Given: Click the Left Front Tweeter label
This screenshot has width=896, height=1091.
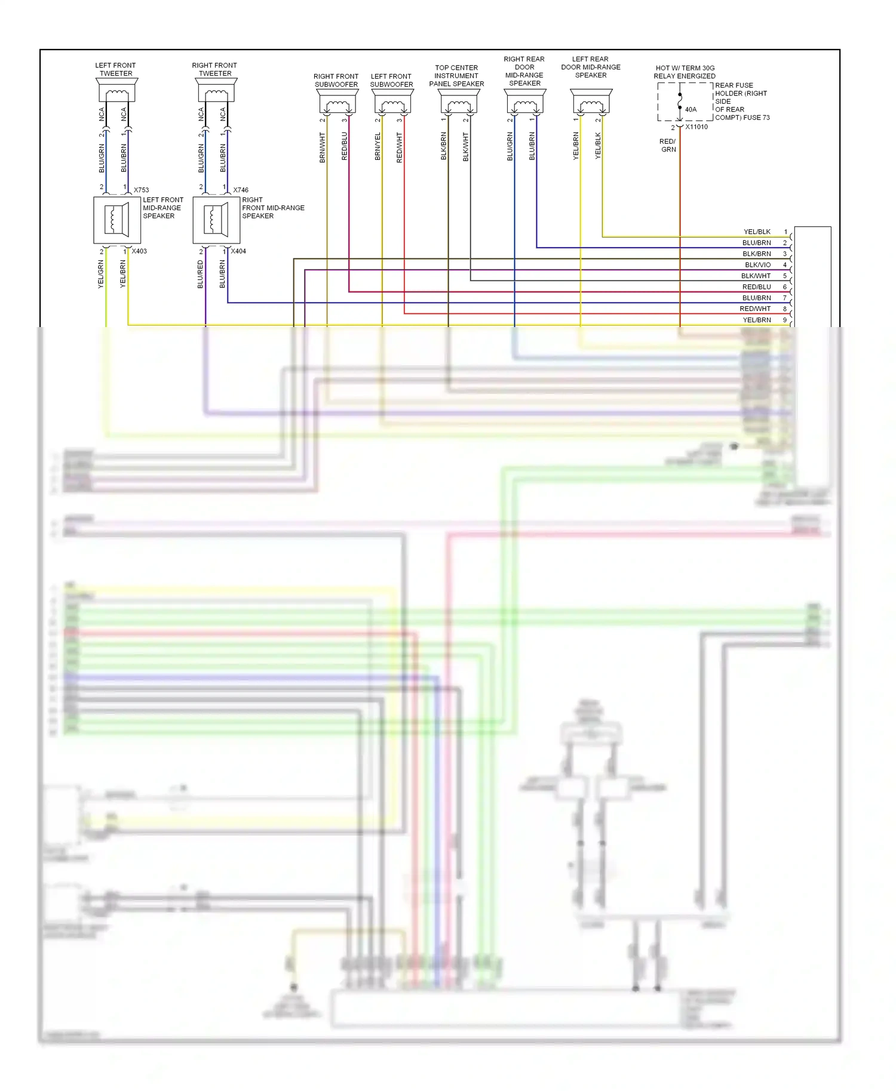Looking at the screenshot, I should [116, 69].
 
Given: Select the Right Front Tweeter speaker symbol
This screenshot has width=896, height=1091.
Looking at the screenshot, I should [216, 91].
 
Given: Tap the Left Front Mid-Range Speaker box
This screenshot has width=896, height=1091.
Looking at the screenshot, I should [117, 220].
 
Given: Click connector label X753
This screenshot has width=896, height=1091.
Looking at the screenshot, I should [141, 190].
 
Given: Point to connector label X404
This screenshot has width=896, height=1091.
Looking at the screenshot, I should [238, 251].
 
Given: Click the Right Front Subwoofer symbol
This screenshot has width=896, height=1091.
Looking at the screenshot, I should [337, 103].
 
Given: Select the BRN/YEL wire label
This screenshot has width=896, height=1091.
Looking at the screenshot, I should [378, 146].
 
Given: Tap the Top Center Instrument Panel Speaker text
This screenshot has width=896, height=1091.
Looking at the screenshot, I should [456, 76].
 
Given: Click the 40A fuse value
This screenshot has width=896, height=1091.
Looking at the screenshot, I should [691, 110].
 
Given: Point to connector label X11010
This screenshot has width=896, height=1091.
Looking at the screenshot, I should [696, 127].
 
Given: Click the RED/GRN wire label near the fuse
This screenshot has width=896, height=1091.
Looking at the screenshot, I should [668, 146].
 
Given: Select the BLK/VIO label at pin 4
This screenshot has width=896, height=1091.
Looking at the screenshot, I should [757, 265].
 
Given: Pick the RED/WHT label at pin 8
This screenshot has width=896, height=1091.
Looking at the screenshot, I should [755, 309].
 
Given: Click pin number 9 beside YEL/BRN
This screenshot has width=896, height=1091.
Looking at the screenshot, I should [785, 320].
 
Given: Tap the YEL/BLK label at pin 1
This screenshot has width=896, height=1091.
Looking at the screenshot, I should [757, 232].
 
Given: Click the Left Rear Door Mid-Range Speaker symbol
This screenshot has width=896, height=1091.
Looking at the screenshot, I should [591, 103].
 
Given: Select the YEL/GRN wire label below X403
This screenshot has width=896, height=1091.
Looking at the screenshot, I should [101, 275].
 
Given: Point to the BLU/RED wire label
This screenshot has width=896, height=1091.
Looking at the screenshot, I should [201, 275].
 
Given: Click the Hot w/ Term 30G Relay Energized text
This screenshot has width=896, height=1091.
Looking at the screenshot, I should [685, 72].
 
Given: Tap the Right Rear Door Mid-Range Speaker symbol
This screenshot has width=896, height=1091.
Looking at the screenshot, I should [525, 103].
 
